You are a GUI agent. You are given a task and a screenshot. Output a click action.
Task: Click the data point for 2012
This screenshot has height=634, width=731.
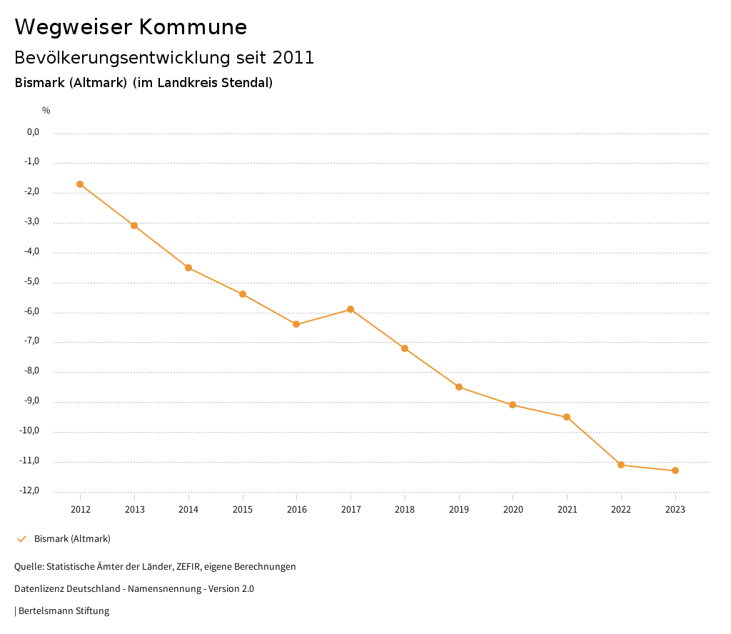(80, 184)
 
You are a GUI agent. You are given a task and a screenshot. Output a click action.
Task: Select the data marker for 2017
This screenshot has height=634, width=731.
(351, 309)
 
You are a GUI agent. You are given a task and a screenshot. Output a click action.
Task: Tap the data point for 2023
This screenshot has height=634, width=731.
(675, 471)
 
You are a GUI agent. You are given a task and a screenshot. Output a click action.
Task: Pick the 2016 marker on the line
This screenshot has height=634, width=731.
(296, 324)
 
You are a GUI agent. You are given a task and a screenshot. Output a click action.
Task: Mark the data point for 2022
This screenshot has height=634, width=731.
(621, 465)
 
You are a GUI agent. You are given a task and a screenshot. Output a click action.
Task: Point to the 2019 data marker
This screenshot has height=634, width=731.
(459, 387)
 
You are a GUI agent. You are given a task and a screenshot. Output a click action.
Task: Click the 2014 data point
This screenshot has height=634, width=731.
(188, 268)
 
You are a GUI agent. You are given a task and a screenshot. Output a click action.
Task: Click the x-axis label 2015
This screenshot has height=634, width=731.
(243, 509)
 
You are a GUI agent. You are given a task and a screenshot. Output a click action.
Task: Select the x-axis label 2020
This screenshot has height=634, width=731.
(513, 509)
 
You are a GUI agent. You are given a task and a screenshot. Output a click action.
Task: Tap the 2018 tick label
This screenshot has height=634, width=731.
(405, 509)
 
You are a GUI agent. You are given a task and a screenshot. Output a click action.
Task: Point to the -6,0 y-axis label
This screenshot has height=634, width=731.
(31, 311)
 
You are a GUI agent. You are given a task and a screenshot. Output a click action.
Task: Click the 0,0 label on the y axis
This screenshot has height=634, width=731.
(33, 132)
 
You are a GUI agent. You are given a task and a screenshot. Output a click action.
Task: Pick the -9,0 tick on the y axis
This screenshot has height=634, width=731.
(31, 401)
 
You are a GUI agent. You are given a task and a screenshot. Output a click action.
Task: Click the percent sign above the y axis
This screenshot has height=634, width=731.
(46, 111)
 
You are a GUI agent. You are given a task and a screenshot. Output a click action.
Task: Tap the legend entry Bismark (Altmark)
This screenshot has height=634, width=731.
(72, 538)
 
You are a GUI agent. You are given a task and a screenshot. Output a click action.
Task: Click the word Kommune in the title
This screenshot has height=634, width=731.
(193, 27)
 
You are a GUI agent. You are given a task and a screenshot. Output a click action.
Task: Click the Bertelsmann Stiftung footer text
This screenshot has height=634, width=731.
(64, 610)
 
